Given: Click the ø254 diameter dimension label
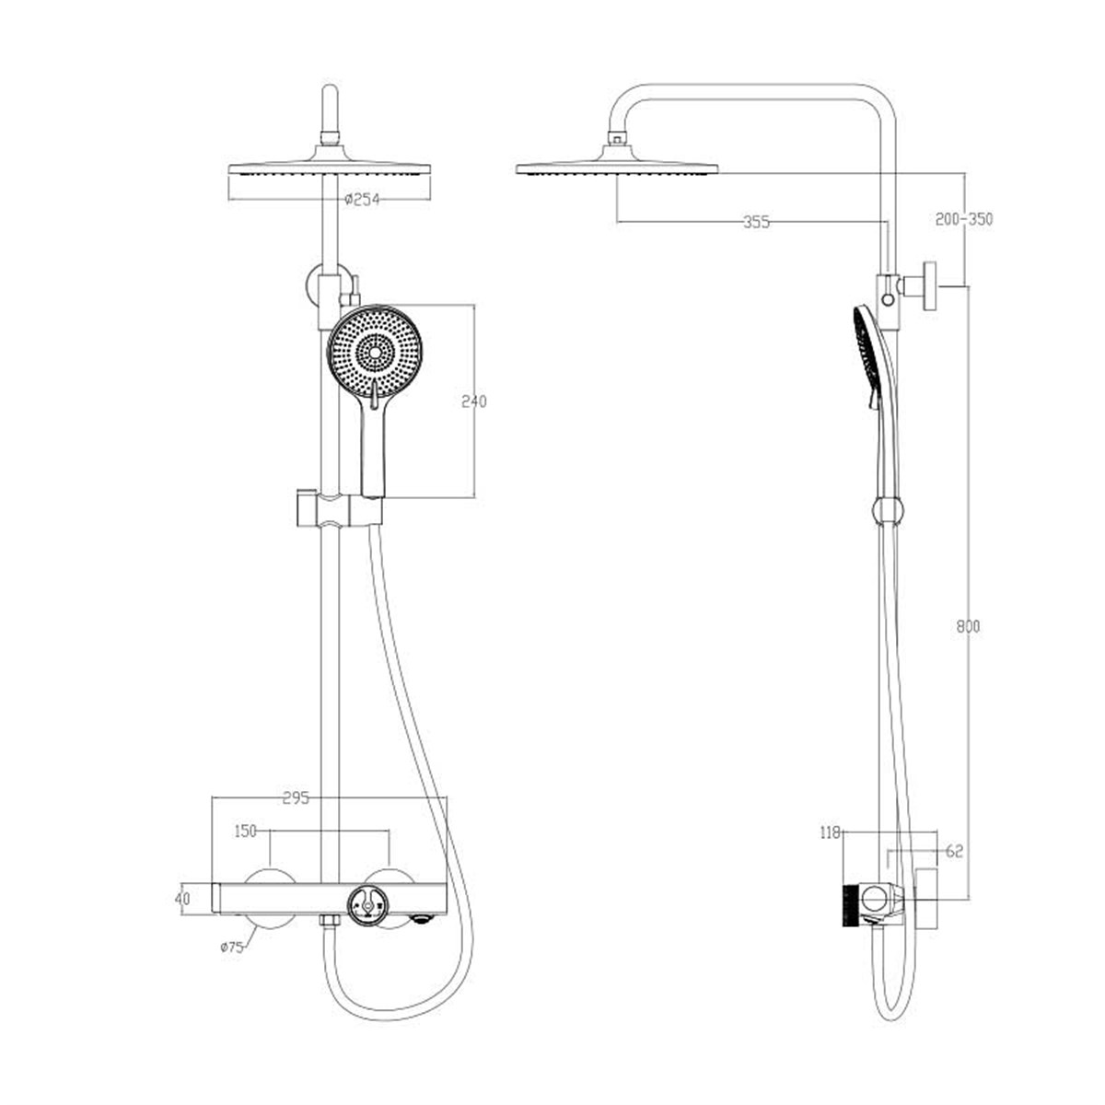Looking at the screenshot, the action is pos(362,200).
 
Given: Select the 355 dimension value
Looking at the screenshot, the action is pos(756,222).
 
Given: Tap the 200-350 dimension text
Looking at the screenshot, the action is pos(964,219).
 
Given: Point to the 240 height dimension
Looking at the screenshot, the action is pos(473,401).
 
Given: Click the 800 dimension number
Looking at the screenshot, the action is pos(968,627).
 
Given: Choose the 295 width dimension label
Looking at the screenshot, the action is pos(297,797).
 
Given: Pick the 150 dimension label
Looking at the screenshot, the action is pos(246,831).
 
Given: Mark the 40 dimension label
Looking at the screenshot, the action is pos(182,898).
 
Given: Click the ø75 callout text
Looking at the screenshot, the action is pos(232,948).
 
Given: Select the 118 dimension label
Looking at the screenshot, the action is pos(831,848).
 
